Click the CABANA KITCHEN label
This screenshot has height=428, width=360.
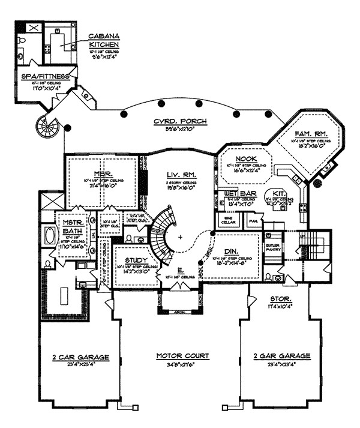coord(103,40)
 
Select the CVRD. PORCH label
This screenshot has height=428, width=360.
coord(180,121)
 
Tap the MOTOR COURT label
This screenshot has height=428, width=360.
coord(182,356)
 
